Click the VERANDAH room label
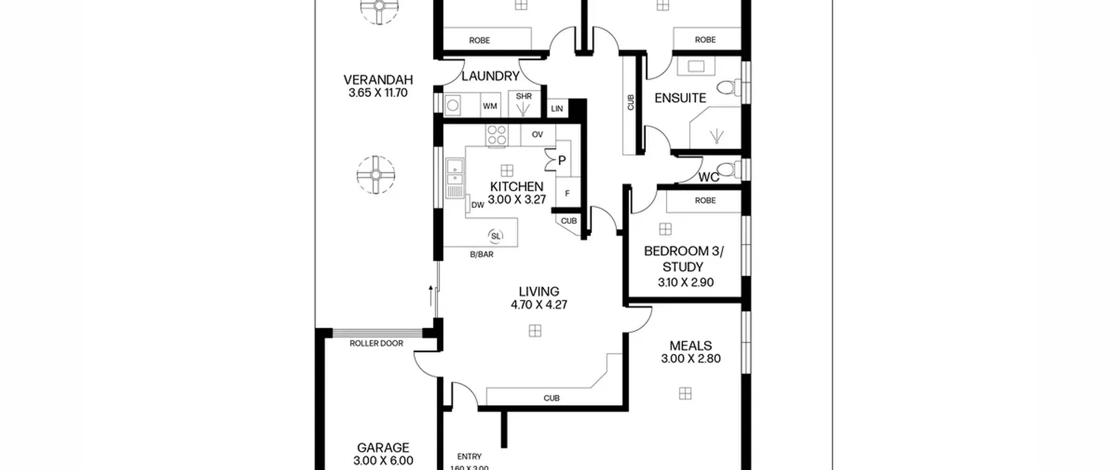[x=378, y=80]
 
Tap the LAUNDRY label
[x=490, y=76]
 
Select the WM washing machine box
[x=490, y=105]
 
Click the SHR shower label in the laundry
[x=524, y=96]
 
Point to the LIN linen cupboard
[x=557, y=108]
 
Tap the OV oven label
[x=538, y=135]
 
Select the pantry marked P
[x=562, y=160]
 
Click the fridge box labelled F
[x=567, y=193]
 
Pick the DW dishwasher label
[x=478, y=205]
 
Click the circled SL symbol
[x=496, y=236]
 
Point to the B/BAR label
[x=482, y=254]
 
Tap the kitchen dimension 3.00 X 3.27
[x=517, y=200]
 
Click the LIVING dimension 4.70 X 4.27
[x=539, y=304]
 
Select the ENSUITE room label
[x=680, y=98]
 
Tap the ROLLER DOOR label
[x=376, y=344]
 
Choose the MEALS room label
[x=691, y=346]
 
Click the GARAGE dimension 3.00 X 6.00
[x=383, y=460]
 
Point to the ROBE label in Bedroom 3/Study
[x=705, y=200]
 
